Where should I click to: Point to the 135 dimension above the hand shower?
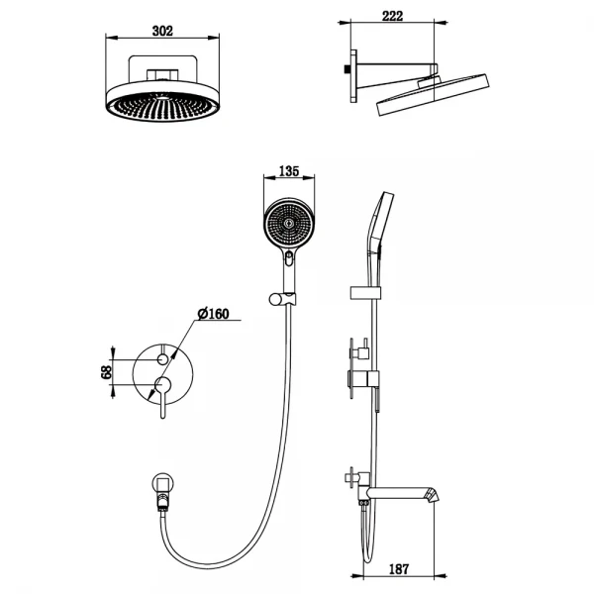288,171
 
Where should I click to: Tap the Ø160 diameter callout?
213,314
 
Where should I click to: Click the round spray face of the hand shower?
288,224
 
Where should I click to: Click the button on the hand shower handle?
288,261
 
